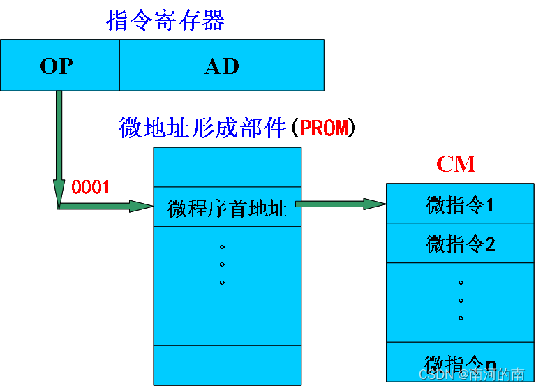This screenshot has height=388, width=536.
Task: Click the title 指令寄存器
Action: point(165,20)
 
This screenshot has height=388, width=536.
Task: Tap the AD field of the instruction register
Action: point(222,66)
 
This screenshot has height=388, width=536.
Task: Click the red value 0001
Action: point(91,188)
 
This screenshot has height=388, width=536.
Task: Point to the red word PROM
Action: point(323,128)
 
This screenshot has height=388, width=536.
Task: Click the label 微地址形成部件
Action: point(203,128)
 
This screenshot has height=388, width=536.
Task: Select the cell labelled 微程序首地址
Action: point(228,207)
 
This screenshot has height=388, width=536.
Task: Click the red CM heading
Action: point(456,164)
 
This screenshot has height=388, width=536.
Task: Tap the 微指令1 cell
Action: point(461,204)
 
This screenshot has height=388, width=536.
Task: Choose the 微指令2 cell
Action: point(461,244)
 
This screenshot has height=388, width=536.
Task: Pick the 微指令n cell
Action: point(461,362)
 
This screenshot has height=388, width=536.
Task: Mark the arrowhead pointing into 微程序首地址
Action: point(142,206)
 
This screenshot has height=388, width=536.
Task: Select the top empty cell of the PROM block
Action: point(228,167)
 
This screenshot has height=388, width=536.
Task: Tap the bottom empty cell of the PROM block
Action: point(228,364)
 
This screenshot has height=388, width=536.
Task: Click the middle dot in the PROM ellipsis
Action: point(222,264)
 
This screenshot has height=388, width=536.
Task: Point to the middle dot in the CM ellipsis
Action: point(461,301)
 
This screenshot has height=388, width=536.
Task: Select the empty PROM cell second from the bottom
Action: point(228,325)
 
